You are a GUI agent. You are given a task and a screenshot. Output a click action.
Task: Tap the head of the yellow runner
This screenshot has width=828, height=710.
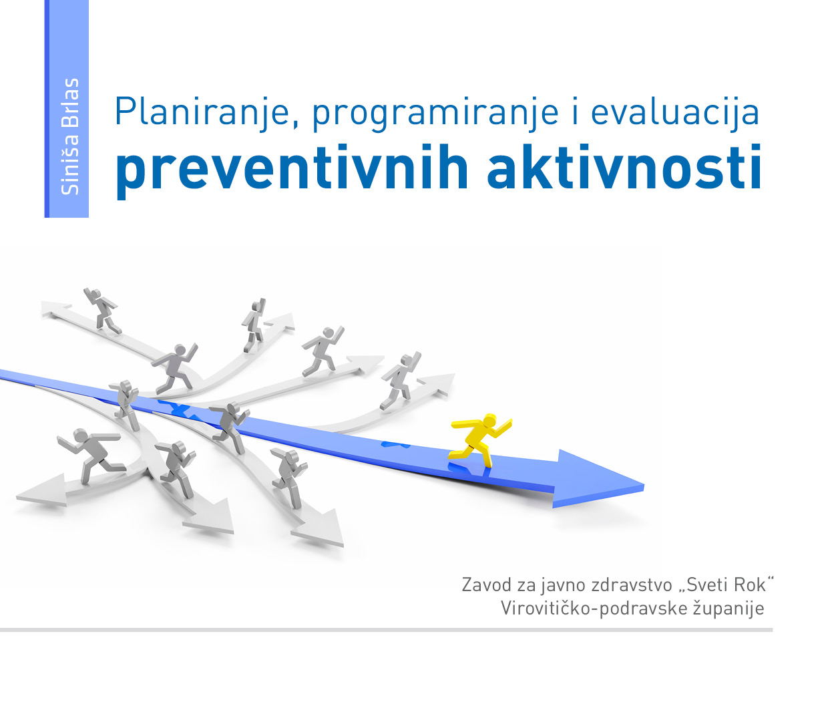(489, 421)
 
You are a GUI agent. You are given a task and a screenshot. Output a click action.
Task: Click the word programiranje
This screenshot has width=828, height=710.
(435, 114)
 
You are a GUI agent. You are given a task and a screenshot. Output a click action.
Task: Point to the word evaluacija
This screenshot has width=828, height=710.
(675, 113)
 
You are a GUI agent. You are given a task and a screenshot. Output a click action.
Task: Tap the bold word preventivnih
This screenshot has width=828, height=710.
(292, 170)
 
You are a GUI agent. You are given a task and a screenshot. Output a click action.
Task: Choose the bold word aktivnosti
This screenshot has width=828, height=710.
(624, 166)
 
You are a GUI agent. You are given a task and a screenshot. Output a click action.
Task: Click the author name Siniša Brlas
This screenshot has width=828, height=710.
(69, 136)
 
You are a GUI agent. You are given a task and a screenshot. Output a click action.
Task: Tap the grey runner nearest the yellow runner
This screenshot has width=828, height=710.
(401, 381)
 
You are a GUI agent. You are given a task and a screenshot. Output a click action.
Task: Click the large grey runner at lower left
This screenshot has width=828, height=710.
(91, 455)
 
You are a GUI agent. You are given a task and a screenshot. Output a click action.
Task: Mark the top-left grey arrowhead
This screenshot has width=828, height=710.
(56, 309)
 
